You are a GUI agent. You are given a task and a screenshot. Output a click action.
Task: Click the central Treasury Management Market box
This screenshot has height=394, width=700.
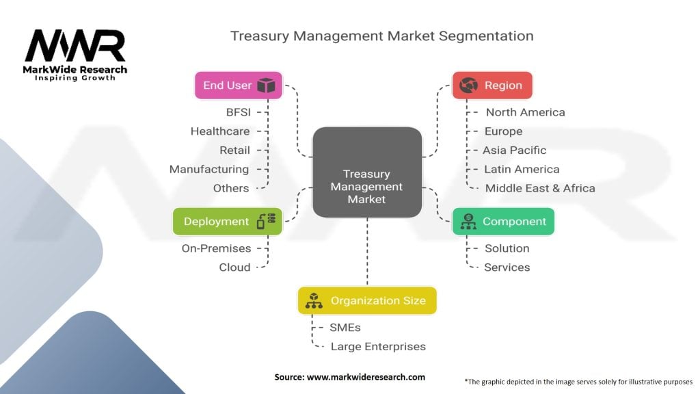pos(367,172)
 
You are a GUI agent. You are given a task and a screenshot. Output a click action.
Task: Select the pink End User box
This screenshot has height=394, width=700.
pos(238,86)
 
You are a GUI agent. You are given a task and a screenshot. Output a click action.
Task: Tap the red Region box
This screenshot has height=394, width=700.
pos(492,86)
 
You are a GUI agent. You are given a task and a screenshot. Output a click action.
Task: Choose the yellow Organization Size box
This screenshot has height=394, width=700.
pos(367,300)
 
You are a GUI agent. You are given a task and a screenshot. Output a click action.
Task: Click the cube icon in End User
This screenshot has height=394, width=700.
pos(266,86)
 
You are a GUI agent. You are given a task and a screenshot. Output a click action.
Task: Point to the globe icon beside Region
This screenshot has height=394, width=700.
pos(469,86)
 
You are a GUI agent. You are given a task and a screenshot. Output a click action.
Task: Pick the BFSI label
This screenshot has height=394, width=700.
pos(238,112)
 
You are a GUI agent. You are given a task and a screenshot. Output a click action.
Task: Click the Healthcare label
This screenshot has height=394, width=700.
pos(220,131)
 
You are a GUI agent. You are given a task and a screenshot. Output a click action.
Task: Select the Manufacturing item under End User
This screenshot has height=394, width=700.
pos(209,169)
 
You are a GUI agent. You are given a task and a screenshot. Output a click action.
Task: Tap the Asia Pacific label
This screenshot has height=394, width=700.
pos(515,150)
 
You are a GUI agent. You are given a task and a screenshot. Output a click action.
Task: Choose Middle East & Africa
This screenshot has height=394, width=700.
pos(540,188)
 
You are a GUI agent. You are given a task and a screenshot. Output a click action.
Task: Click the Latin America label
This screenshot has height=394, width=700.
pos(522,169)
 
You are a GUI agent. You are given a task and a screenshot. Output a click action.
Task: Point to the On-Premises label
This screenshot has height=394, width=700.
pos(216,248)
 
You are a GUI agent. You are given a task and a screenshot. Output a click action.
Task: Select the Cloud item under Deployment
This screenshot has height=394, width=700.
pos(234,267)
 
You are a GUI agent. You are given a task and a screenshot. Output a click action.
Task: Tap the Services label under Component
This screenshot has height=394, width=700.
pos(507,267)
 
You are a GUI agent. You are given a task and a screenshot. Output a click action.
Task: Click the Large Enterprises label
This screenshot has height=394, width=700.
pos(378,347)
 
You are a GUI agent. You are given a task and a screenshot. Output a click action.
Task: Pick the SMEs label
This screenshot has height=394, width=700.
pos(345,328)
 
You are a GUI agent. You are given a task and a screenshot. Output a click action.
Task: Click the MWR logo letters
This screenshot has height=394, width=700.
pos(75,46)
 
